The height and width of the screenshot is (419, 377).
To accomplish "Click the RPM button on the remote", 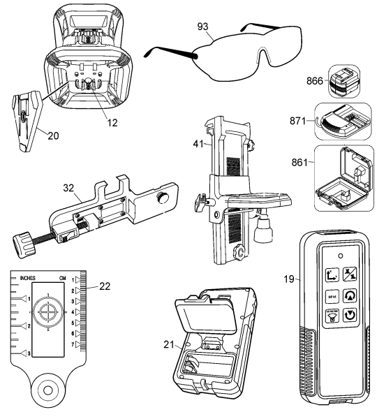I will [312, 296].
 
